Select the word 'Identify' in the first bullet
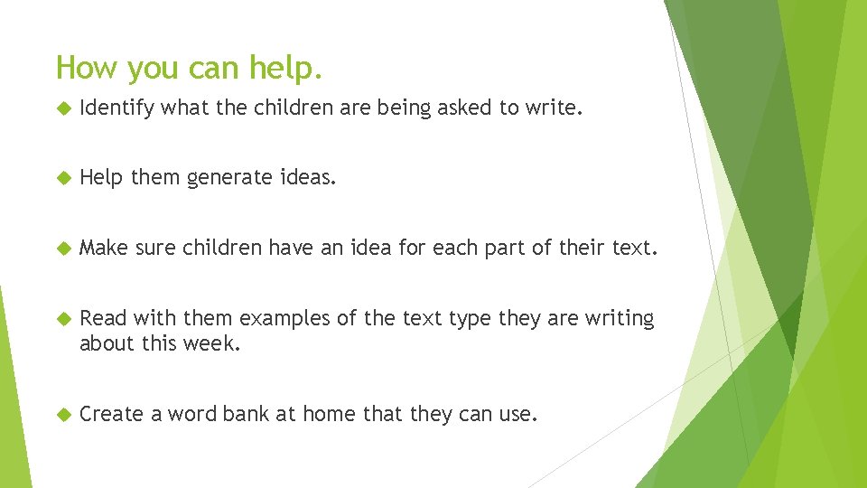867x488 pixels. (x=116, y=109)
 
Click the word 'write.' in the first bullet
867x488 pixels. (x=558, y=109)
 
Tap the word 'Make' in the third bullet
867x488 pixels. (x=103, y=249)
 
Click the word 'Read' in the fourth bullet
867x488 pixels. (x=102, y=318)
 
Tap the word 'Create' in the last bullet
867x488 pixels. (x=111, y=414)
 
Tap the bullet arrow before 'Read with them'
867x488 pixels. (x=62, y=319)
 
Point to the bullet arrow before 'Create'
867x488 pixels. (x=62, y=415)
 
